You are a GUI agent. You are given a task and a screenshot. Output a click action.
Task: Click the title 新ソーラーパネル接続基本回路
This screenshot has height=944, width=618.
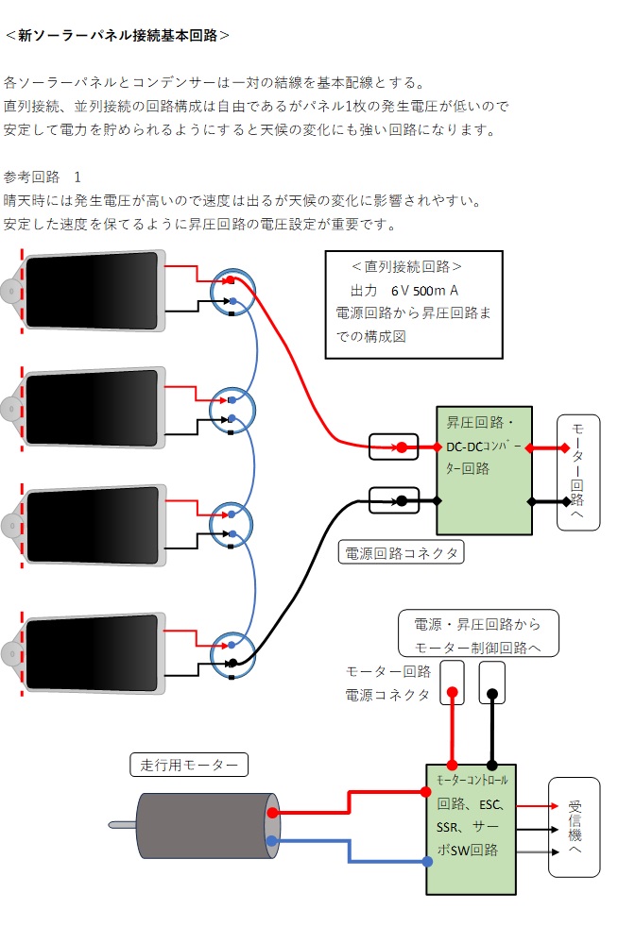tap(117, 36)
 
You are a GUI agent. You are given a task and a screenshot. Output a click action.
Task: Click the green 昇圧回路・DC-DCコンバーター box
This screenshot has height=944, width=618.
tap(483, 470)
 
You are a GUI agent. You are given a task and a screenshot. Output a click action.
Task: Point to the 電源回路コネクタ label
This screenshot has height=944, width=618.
tap(401, 553)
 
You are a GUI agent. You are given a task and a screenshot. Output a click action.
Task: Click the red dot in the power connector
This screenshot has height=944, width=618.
tap(402, 447)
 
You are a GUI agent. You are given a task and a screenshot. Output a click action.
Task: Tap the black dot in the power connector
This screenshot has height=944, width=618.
tap(402, 500)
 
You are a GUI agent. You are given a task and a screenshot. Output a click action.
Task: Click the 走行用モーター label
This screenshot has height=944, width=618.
tap(188, 765)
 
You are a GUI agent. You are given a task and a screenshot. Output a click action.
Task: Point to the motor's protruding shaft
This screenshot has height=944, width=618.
tap(123, 825)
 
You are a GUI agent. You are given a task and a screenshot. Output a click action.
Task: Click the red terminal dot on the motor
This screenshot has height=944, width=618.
tap(273, 812)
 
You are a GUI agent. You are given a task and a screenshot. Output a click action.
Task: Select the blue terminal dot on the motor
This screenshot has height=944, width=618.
tap(273, 841)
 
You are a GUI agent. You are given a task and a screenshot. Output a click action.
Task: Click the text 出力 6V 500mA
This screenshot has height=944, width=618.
tap(404, 291)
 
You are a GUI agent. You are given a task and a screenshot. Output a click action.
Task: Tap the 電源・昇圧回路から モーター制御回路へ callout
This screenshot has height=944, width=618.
tap(477, 634)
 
